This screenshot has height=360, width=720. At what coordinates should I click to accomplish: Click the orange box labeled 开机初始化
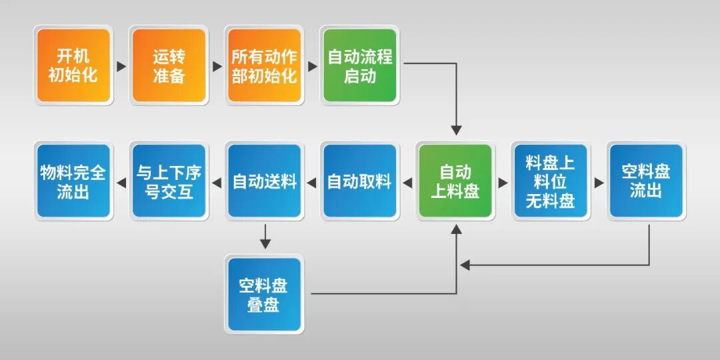pos(73,65)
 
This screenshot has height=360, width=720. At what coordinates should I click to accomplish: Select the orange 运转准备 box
pos(169,65)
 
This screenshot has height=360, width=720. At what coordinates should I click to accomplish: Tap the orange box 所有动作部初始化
pos(264,65)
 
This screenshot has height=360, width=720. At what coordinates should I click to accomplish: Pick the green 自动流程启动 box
pos(360,65)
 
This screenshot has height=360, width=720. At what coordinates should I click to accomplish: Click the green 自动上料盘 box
pos(455,181)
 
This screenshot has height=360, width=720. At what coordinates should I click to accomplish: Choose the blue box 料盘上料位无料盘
pos(551,181)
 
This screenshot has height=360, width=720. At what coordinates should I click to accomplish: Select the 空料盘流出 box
pos(646,181)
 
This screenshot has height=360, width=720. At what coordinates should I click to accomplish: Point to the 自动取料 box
pos(360,181)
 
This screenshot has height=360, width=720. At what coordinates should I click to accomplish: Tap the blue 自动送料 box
pos(265,181)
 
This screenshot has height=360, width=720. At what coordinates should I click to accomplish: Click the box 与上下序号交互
pos(169,181)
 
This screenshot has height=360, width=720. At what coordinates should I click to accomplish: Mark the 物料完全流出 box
pos(73,181)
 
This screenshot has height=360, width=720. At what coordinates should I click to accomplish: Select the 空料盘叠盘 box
pos(265,295)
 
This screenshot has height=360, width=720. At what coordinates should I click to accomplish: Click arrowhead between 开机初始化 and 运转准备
pos(121,66)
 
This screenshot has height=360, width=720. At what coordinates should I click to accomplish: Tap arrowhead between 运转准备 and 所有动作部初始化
pos(217,66)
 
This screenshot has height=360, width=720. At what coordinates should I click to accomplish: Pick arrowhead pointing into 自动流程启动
pos(312,66)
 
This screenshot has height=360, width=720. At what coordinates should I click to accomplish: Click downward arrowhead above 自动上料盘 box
pos(456,130)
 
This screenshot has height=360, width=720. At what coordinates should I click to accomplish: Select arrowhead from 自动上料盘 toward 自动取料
pos(407,182)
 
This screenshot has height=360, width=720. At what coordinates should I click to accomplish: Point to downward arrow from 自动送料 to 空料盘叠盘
pos(265,243)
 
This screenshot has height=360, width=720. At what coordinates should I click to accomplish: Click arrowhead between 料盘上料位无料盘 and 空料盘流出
pos(599,182)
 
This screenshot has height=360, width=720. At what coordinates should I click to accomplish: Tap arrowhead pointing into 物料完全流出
pos(121,182)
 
